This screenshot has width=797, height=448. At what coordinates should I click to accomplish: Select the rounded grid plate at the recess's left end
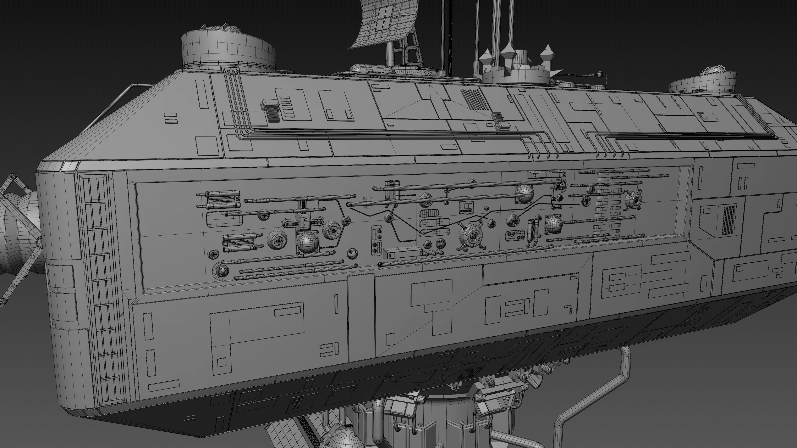click(x=224, y=219)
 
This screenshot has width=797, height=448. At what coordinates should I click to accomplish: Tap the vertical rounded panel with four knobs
click(x=376, y=240)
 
